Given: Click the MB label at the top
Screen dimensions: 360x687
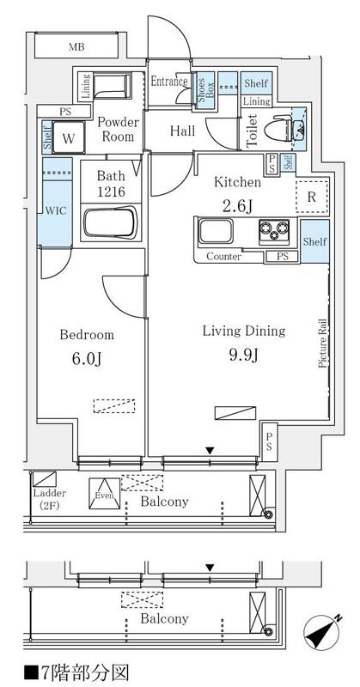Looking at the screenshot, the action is [x=76, y=47].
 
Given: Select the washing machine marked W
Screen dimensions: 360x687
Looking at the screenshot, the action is [x=69, y=137].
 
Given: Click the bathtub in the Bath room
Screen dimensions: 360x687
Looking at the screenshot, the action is [x=111, y=223].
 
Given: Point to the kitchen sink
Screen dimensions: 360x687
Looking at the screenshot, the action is [x=216, y=231].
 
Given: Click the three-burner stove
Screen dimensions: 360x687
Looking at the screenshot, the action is [x=274, y=231].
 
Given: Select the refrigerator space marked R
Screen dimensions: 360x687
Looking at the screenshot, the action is [x=312, y=198].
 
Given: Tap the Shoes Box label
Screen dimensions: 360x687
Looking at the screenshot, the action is [x=205, y=87].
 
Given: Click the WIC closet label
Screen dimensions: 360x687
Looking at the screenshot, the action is [x=55, y=210].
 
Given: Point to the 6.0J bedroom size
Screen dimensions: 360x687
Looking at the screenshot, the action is [x=87, y=359].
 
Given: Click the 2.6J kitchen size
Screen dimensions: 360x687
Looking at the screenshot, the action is [x=237, y=205].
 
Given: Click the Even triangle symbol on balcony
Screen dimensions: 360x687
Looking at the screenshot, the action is [x=104, y=494].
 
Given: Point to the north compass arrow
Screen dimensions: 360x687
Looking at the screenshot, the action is [x=323, y=631].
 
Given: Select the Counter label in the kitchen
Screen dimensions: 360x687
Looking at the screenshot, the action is [x=223, y=257].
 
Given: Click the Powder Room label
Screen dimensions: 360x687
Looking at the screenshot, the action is [x=118, y=130].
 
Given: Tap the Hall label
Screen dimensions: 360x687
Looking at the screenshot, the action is [x=182, y=131].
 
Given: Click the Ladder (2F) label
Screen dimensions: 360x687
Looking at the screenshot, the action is [x=50, y=499].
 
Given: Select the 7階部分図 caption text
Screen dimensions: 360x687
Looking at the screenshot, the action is [x=76, y=672].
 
